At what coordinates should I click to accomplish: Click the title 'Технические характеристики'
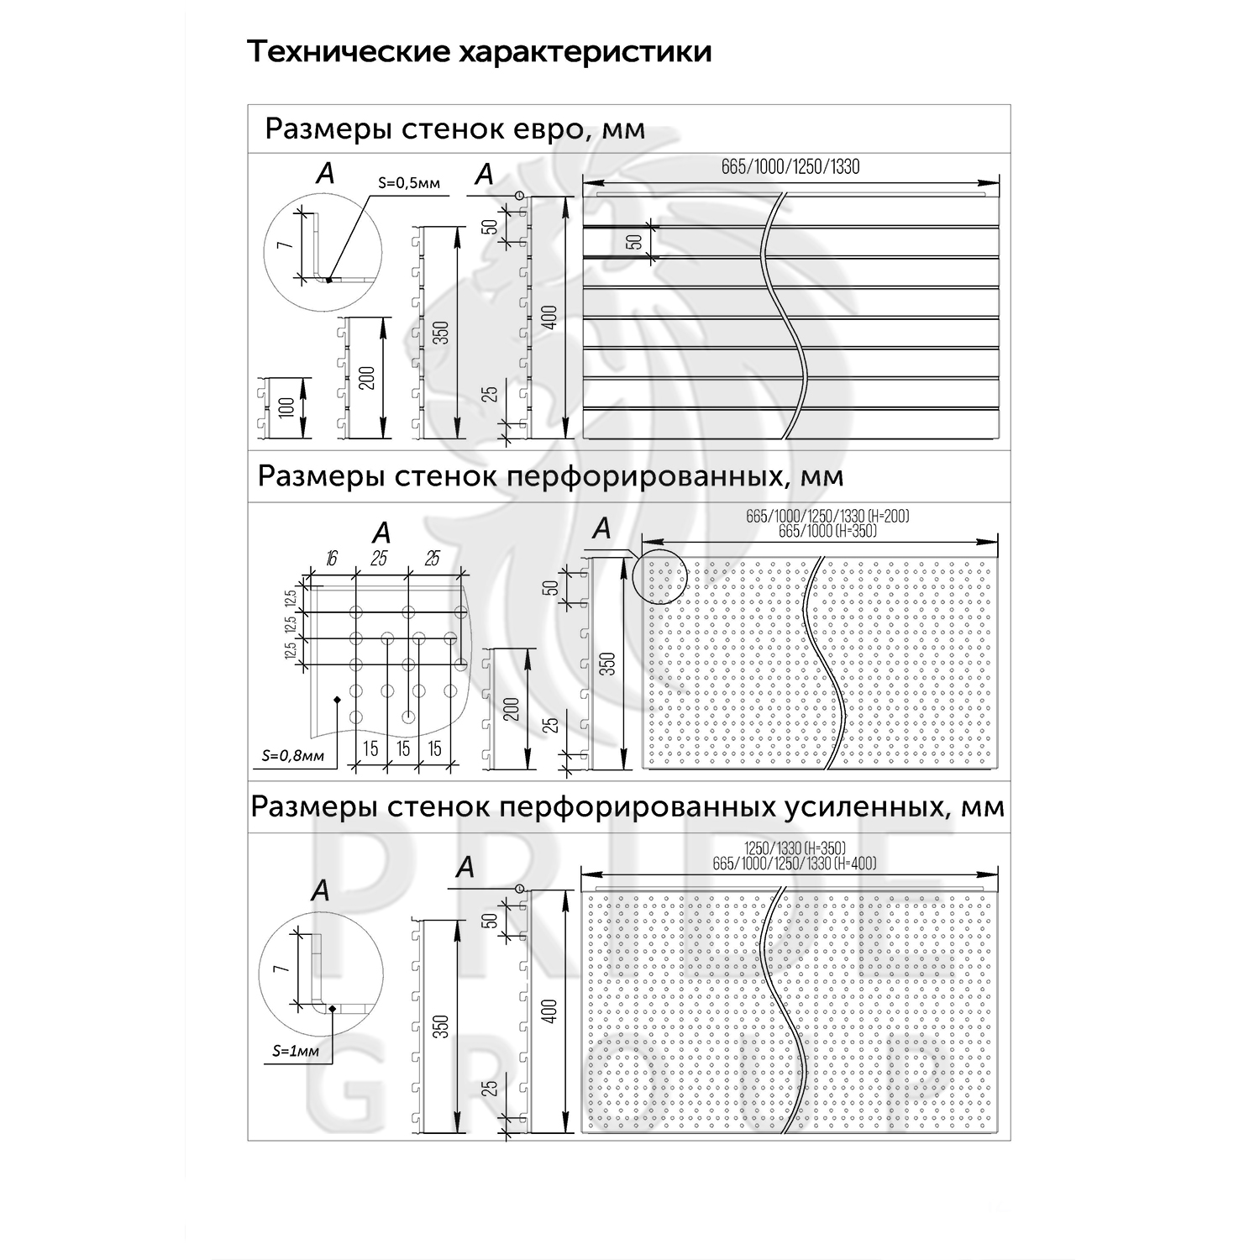pyautogui.click(x=480, y=52)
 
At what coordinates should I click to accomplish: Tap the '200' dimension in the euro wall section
pyautogui.click(x=366, y=379)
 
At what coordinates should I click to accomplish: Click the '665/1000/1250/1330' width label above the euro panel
pyautogui.click(x=790, y=166)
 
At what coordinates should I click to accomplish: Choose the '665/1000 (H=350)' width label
pyautogui.click(x=827, y=531)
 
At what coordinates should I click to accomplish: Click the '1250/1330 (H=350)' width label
pyautogui.click(x=795, y=847)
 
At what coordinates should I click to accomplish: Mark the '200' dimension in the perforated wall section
pyautogui.click(x=511, y=709)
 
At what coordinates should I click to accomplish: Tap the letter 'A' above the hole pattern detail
pyautogui.click(x=381, y=533)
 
